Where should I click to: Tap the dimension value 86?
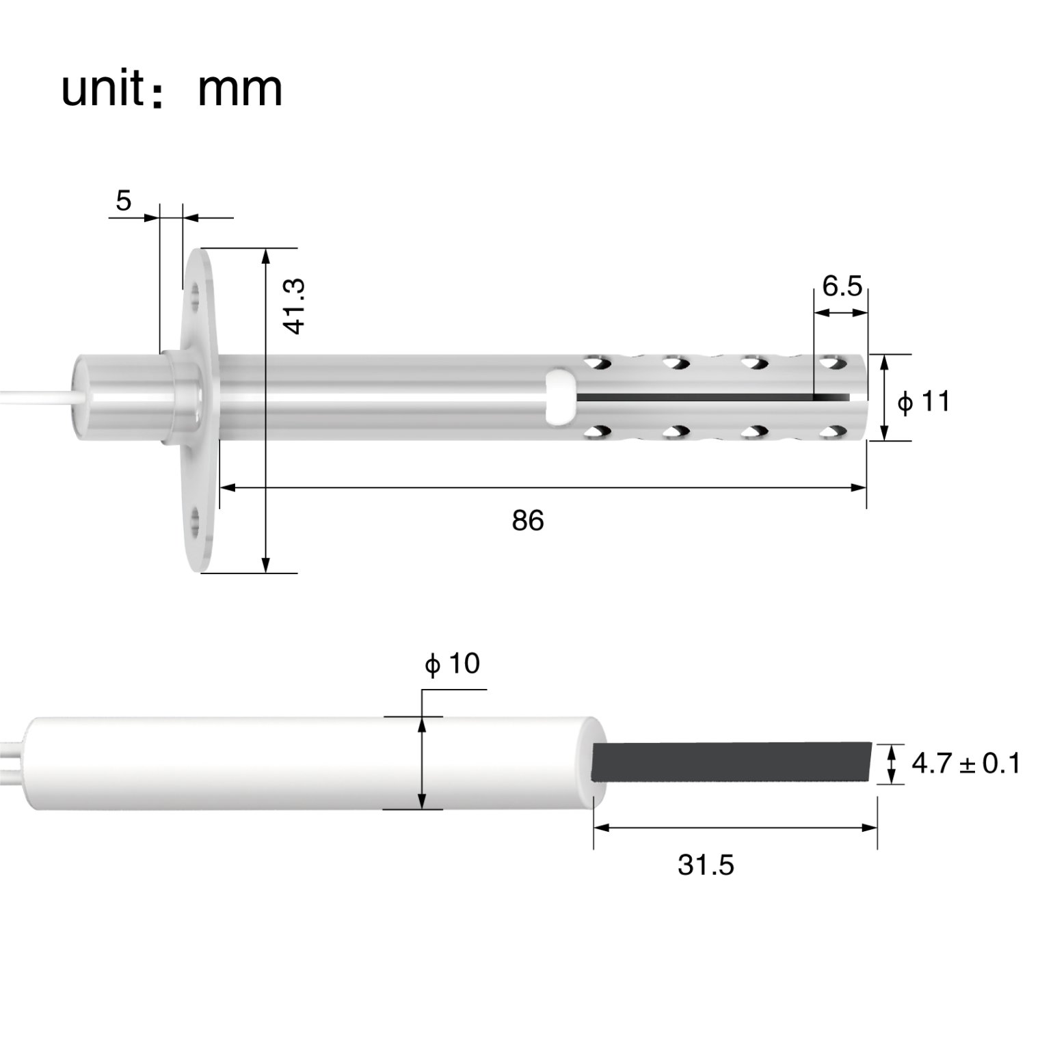(x=528, y=521)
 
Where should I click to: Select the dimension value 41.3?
(x=293, y=306)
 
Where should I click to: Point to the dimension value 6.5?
(x=842, y=286)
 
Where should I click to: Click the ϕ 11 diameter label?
(x=924, y=402)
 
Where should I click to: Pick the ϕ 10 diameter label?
(x=452, y=663)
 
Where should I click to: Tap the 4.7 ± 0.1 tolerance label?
(x=965, y=764)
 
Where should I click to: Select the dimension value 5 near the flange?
(x=123, y=201)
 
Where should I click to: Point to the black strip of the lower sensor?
(x=732, y=761)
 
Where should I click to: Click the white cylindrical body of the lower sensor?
(x=308, y=763)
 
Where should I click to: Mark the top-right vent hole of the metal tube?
(x=832, y=362)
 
